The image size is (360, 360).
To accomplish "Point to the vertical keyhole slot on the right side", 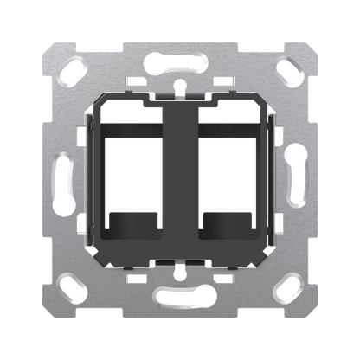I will (x=297, y=179).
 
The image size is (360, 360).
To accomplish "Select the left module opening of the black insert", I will (x=136, y=173).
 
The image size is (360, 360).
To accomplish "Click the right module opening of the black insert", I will (x=222, y=173).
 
